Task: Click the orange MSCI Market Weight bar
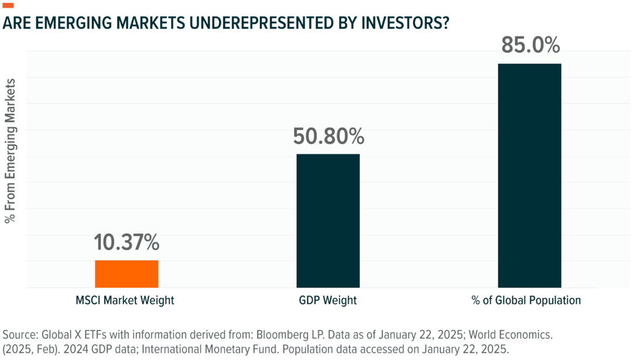[126, 274]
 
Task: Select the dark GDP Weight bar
[328, 221]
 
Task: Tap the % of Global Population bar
[529, 176]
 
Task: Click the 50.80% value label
[328, 137]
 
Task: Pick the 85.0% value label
[529, 46]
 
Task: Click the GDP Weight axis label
[328, 301]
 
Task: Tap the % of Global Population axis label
[526, 301]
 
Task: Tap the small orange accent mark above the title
[9, 5]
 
